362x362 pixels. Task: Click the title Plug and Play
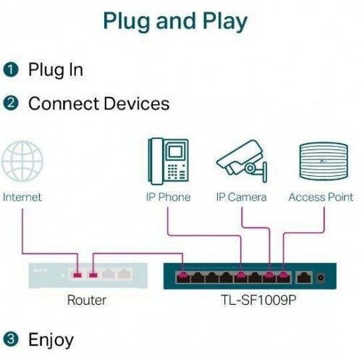pos(174,21)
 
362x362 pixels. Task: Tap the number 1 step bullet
pos(10,70)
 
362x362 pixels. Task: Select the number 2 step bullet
pos(10,104)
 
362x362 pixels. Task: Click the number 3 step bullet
pos(10,339)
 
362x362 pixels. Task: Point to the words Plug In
pos(55,70)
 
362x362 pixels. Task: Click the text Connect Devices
pos(98,104)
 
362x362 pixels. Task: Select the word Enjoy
pos(51,339)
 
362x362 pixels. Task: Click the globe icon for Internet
pos(22,163)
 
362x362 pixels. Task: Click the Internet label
pos(22,197)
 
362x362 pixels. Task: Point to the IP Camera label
pos(241,197)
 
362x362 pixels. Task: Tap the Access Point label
pos(321,197)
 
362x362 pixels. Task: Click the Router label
pos(87,300)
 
